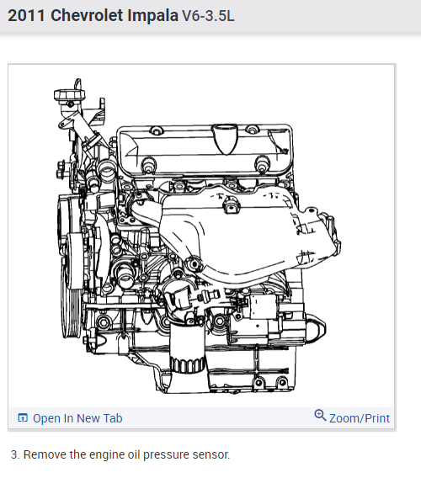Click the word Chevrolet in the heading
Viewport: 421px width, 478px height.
point(87,15)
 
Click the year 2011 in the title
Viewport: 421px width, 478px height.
point(26,15)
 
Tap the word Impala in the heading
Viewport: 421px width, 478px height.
point(152,15)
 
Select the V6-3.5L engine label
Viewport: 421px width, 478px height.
point(208,16)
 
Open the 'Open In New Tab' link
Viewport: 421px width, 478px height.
point(77,418)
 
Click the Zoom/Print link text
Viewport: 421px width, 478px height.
point(360,418)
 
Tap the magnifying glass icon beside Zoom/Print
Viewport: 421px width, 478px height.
point(320,416)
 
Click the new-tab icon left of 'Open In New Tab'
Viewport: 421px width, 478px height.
point(23,417)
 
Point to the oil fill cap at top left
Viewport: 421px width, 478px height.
point(69,94)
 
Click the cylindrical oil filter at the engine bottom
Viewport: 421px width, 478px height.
point(187,348)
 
